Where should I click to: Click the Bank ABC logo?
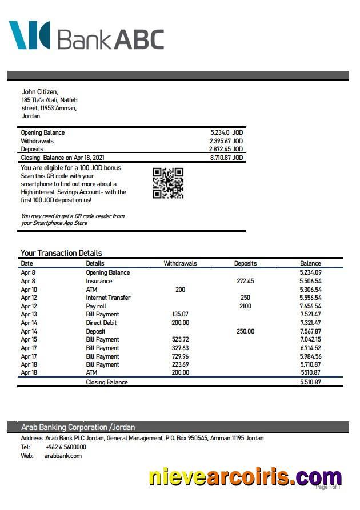[86, 36]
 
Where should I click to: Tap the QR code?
[168, 183]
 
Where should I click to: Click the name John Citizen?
[39, 91]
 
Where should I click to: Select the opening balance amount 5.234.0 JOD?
[226, 132]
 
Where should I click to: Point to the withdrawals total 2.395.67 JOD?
[226, 141]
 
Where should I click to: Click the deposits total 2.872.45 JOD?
[226, 149]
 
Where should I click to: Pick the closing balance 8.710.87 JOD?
[226, 158]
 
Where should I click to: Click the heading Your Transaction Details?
[61, 253]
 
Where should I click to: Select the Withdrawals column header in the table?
[180, 263]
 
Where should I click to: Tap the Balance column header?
[310, 263]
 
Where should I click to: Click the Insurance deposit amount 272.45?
[245, 281]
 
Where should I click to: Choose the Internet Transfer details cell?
[108, 298]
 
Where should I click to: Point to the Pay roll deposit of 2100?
[245, 306]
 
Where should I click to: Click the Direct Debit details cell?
[102, 323]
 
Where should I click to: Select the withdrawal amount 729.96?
[180, 356]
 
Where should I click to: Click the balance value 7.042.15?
[310, 339]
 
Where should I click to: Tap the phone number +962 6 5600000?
[66, 447]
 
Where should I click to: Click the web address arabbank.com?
[63, 456]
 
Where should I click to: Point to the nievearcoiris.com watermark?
[245, 477]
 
